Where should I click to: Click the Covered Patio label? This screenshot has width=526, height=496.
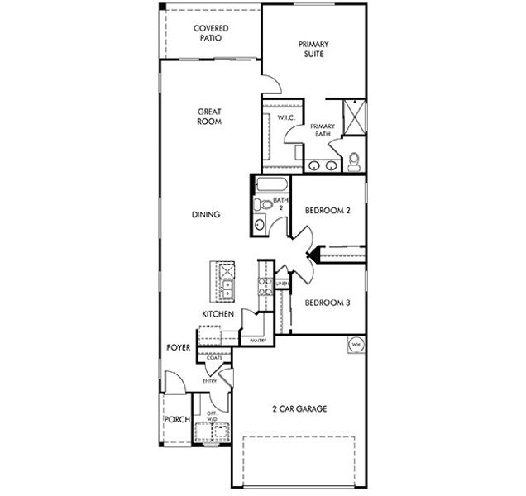pos(211,33)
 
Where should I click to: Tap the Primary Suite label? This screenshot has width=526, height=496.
pos(314,49)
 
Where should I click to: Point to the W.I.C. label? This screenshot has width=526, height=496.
pos(286,118)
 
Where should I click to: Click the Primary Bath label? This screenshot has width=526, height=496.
pos(322,131)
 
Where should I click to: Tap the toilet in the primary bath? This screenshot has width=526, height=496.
pos(353,161)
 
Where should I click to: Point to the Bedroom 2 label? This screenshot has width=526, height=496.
pos(328,211)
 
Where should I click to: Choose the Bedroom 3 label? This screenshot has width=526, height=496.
pos(328,303)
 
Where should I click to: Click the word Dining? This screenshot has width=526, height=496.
pos(206,215)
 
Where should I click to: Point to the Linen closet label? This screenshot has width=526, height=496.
pos(282,284)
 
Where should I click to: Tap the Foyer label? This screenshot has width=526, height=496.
pos(178,349)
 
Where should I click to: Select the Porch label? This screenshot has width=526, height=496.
pos(176,420)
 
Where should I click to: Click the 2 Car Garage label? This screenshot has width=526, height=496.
pos(300,408)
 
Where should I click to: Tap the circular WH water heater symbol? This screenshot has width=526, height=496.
pos(356,344)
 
